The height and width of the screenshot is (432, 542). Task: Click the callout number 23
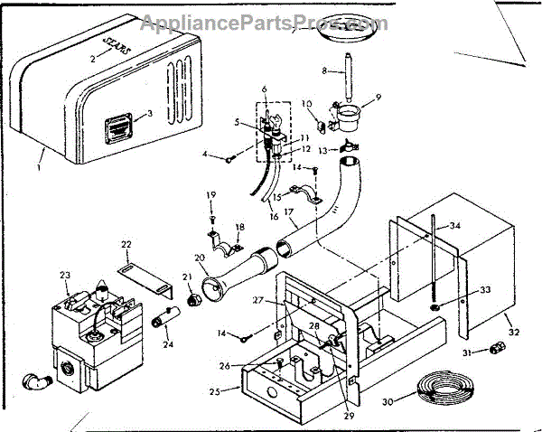click(65, 276)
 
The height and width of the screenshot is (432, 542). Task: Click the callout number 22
click(127, 244)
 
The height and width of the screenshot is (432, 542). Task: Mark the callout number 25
click(215, 393)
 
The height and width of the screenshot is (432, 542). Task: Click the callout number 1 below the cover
click(40, 168)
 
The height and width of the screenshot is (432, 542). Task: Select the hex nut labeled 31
click(495, 349)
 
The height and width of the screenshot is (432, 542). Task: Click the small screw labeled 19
click(210, 214)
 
